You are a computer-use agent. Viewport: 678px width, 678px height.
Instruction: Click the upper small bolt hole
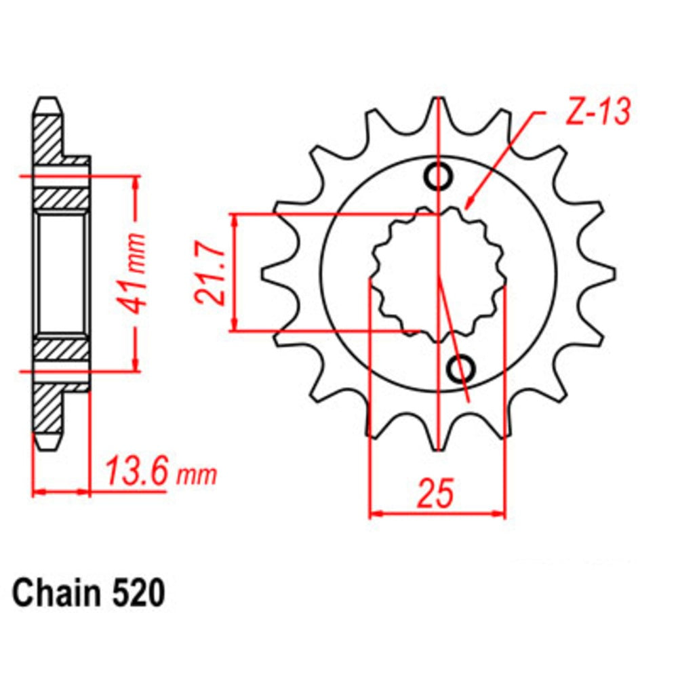[x=437, y=176]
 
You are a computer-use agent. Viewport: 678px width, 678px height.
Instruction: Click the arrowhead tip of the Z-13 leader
[x=467, y=206]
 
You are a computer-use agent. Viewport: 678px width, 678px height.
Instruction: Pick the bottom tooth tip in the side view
[x=46, y=444]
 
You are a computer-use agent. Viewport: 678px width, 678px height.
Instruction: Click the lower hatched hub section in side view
[x=61, y=349]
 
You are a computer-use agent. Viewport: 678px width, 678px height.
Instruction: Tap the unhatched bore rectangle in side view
[x=61, y=274]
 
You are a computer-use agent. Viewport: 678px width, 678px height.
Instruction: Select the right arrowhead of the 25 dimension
[x=503, y=514]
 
